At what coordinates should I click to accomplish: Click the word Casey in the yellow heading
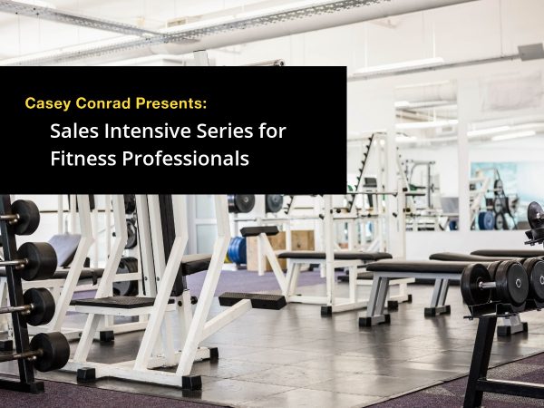point(47,103)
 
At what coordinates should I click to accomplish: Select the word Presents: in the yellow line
point(171,103)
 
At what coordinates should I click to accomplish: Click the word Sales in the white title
point(74,131)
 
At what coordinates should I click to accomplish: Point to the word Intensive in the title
point(147,131)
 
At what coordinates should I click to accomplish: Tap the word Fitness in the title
point(83,158)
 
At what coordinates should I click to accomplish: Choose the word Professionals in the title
point(185,158)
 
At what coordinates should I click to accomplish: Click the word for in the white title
point(272,131)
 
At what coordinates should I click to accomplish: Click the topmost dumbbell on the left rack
point(24,218)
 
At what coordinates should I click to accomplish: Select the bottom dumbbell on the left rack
point(49,352)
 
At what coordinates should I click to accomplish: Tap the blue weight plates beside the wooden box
point(237,250)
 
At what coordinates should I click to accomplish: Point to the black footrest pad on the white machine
point(252,300)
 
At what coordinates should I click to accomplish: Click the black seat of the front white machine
point(112,302)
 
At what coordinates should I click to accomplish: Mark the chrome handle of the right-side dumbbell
point(488,286)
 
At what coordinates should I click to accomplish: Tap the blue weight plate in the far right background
point(485,220)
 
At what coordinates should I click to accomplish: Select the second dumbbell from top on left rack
point(36,261)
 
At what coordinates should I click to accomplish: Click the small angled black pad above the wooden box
point(260,231)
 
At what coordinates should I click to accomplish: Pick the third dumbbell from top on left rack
point(38,306)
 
